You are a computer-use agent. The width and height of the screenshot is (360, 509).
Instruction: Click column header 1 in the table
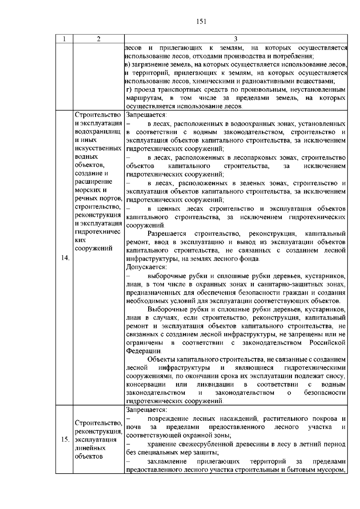64,39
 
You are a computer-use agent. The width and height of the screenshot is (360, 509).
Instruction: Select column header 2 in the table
99,39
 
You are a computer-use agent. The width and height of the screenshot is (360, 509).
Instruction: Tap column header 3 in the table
235,39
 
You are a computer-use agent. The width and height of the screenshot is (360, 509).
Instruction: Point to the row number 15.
65,440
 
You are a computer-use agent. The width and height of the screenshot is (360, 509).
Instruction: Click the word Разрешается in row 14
167,233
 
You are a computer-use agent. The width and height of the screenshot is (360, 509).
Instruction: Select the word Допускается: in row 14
146,267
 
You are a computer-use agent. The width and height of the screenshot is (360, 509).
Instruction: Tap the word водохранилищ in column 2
98,132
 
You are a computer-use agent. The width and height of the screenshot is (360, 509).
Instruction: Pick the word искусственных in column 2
98,148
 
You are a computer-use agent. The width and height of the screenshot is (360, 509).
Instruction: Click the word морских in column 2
86,190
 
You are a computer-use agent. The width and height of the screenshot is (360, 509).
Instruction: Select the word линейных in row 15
90,448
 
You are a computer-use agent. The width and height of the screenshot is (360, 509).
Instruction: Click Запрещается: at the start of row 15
146,410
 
